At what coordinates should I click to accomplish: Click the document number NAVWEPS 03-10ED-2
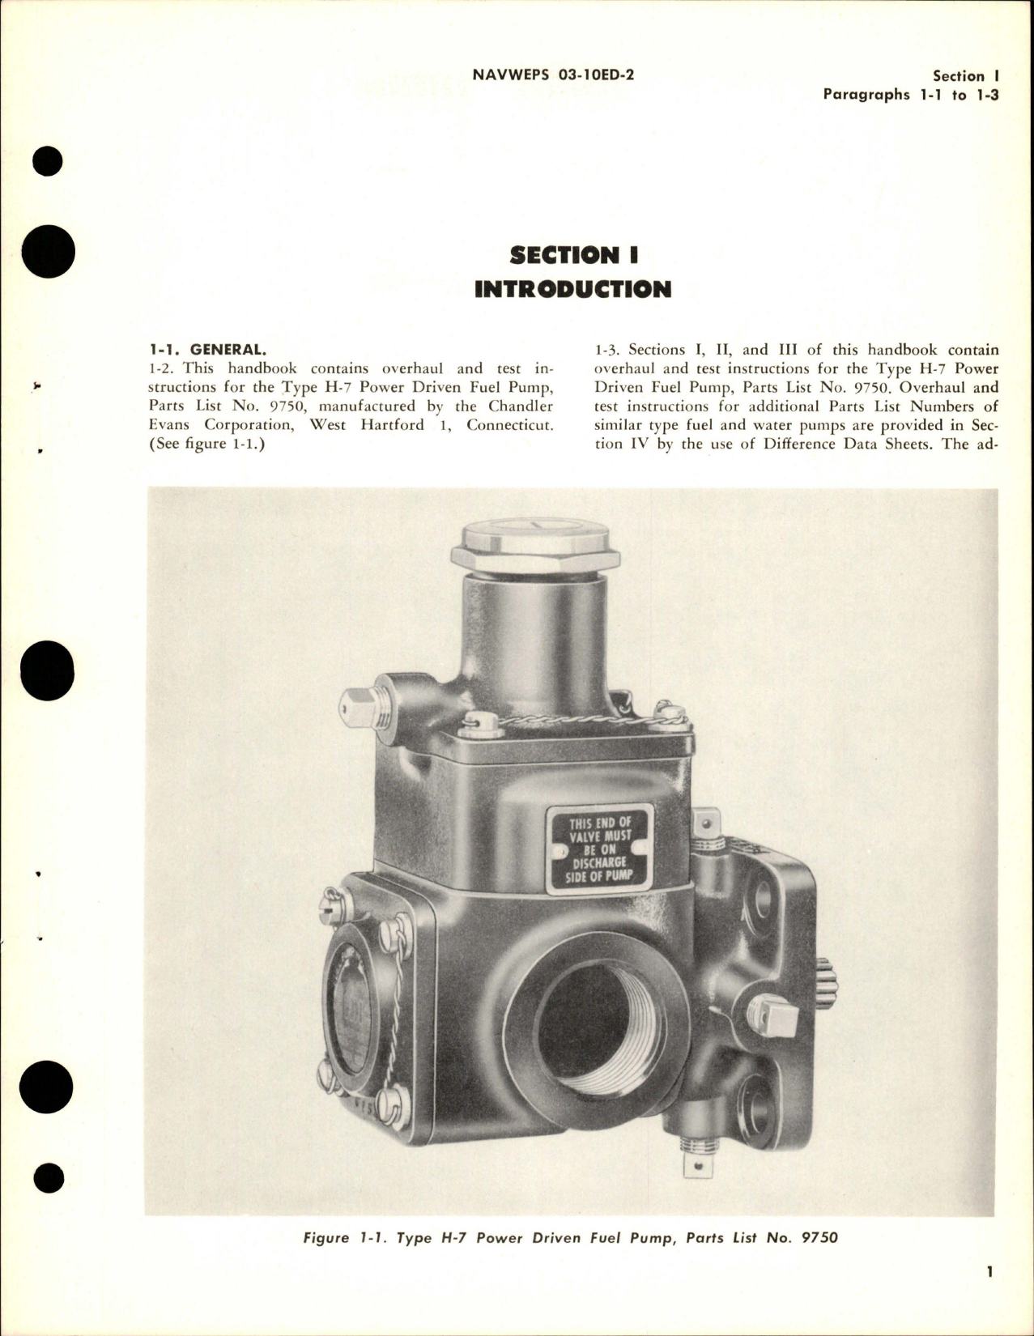click(552, 75)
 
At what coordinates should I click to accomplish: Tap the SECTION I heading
click(574, 255)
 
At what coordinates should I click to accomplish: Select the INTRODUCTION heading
click(573, 289)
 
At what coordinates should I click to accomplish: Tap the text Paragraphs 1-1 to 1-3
click(911, 94)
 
